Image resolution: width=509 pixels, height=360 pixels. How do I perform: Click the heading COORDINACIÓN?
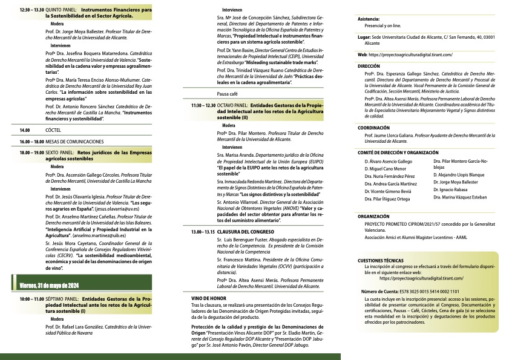[374, 128]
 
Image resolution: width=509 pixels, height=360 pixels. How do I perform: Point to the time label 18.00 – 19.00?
[32, 153]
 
